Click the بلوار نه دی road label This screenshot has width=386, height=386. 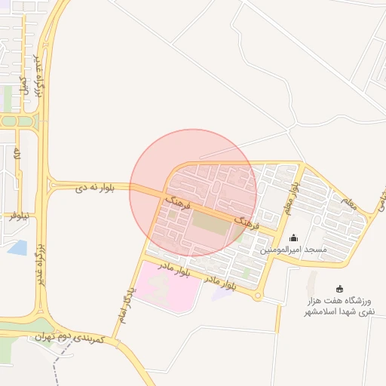(94, 187)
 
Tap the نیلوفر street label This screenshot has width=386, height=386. (20, 216)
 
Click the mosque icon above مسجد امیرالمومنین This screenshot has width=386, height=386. (293, 238)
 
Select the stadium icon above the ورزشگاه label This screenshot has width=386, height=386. (340, 288)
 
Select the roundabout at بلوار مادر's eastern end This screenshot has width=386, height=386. (259, 296)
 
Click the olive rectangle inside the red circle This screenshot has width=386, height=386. (210, 225)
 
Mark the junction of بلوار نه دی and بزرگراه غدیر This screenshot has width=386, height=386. (48, 185)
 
